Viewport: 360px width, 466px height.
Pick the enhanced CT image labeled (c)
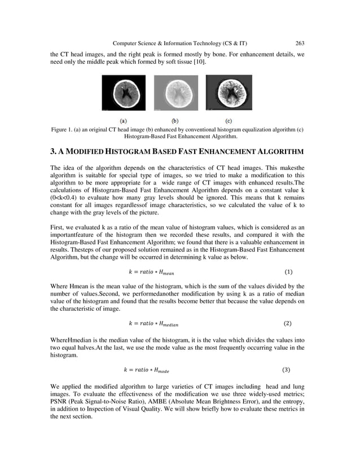point(229,93)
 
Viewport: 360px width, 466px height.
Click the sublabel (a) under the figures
point(123,120)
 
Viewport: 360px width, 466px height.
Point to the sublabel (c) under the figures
point(229,120)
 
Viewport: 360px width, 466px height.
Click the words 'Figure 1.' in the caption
point(64,130)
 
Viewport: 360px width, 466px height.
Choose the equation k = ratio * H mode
point(146,370)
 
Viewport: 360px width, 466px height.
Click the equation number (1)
point(288,272)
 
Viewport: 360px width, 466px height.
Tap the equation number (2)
point(287,324)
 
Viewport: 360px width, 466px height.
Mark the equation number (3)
point(286,370)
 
